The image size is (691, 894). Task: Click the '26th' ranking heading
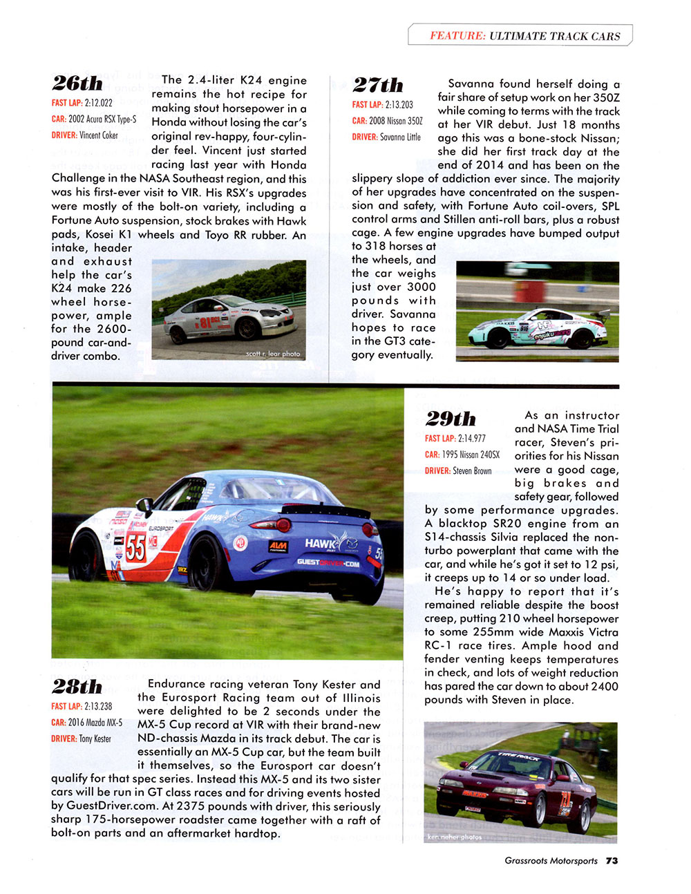77,84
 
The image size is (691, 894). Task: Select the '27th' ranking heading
377,85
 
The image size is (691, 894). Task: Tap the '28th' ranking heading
77,687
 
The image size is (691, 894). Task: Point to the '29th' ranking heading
451,419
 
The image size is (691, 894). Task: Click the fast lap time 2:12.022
98,103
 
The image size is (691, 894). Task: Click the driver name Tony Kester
95,739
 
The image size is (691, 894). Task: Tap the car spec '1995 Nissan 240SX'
471,455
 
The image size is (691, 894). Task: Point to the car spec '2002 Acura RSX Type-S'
102,119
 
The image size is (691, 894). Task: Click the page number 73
612,861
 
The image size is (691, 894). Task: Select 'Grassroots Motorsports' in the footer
551,861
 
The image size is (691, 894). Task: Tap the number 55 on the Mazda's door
135,549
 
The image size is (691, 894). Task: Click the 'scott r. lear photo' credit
273,354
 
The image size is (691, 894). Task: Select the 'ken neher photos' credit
455,837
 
